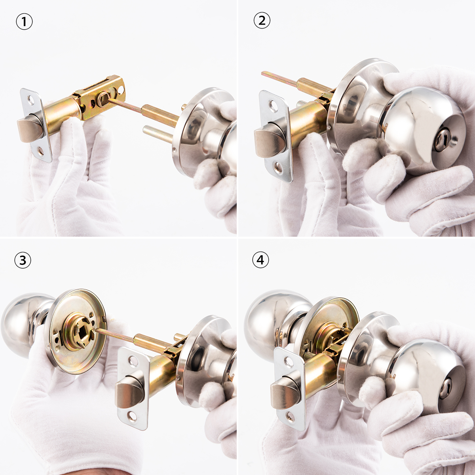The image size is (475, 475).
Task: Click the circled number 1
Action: tap(24, 22)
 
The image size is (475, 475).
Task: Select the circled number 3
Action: tap(23, 260)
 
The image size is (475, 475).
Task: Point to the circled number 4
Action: tap(260, 260)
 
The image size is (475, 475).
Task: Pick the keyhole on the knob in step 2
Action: tap(440, 141)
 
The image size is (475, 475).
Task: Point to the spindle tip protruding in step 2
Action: tap(263, 72)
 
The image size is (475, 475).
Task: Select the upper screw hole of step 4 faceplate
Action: tap(288, 361)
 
